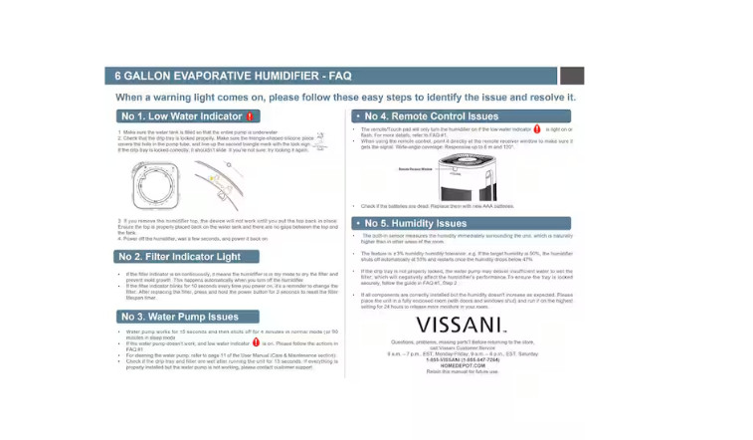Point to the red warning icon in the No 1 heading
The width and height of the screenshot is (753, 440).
pyautogui.click(x=251, y=116)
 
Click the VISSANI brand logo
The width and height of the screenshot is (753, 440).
pyautogui.click(x=461, y=326)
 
